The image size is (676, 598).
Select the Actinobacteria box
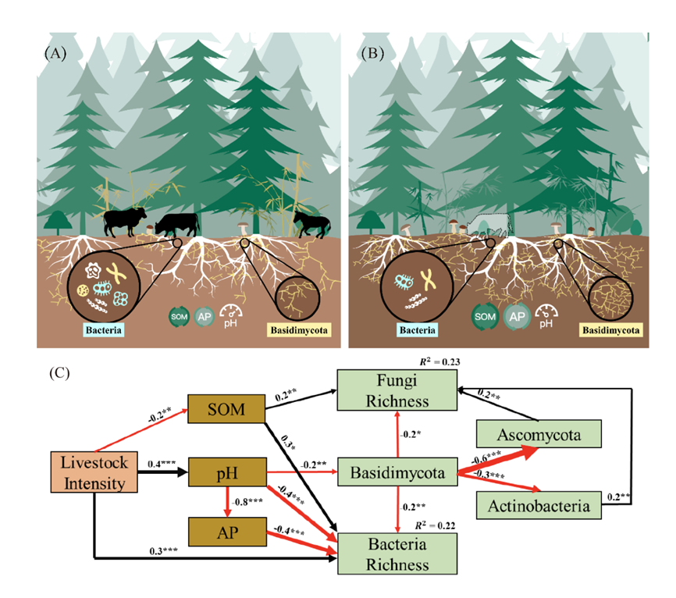537,507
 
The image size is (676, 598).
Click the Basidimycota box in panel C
396,472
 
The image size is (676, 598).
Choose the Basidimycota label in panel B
611,330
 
